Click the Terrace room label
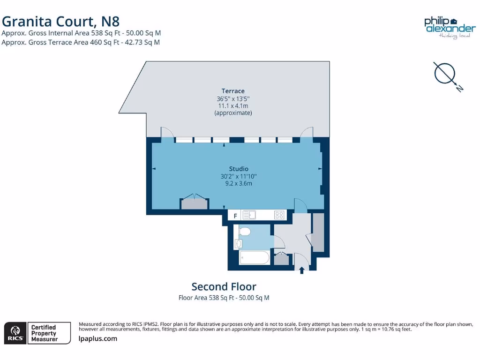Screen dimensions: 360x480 click(233, 91)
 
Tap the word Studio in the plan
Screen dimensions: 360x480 click(239, 169)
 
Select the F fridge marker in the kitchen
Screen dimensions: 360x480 click(235, 216)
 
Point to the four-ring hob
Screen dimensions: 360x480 click(279, 215)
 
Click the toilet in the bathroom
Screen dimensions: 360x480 click(244, 232)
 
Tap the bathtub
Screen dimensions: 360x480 click(254, 258)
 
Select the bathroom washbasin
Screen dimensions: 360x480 click(238, 244)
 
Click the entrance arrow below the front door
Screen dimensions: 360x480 click(301, 270)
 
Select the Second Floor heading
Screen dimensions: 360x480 click(224, 286)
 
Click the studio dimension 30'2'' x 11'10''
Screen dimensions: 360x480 click(239, 176)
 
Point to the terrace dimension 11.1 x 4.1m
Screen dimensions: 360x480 click(233, 106)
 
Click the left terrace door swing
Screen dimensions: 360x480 click(167, 133)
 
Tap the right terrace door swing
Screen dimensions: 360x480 click(307, 133)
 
